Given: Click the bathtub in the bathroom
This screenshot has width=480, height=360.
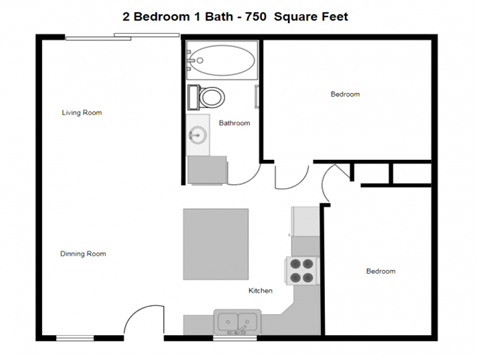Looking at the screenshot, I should pyautogui.click(x=221, y=62).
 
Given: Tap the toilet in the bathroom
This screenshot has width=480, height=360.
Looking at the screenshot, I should pyautogui.click(x=211, y=97).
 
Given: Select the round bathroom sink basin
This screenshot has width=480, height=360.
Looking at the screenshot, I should pyautogui.click(x=196, y=137).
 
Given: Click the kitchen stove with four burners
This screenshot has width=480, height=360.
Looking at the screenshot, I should pyautogui.click(x=302, y=270).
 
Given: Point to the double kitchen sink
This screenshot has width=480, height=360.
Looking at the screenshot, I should pyautogui.click(x=237, y=322).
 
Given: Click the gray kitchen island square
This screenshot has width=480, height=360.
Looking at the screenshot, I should pyautogui.click(x=215, y=245).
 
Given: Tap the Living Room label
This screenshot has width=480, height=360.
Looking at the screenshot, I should pyautogui.click(x=82, y=113).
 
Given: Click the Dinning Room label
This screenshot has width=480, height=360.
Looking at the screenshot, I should pyautogui.click(x=83, y=254).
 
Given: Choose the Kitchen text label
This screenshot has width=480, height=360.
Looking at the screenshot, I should pyautogui.click(x=261, y=291).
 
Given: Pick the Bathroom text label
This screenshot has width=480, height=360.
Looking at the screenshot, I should pyautogui.click(x=234, y=123).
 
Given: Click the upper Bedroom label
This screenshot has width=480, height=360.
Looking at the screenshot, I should pyautogui.click(x=345, y=95).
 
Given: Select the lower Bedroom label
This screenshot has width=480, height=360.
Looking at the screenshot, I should pyautogui.click(x=380, y=271).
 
